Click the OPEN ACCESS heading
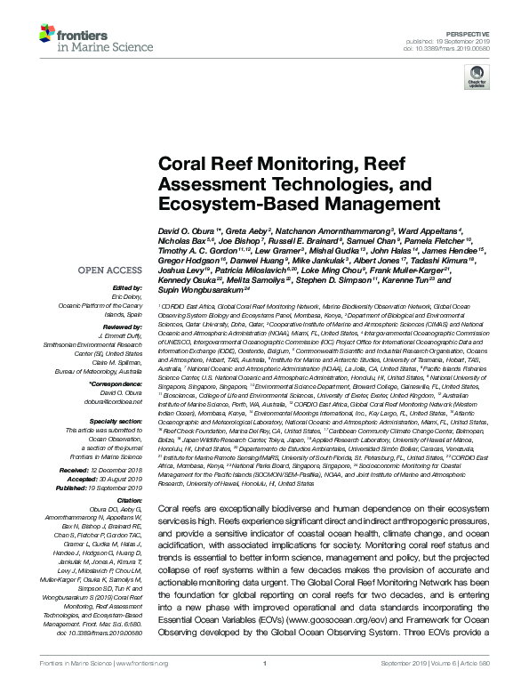pyautogui.click(x=107, y=270)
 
